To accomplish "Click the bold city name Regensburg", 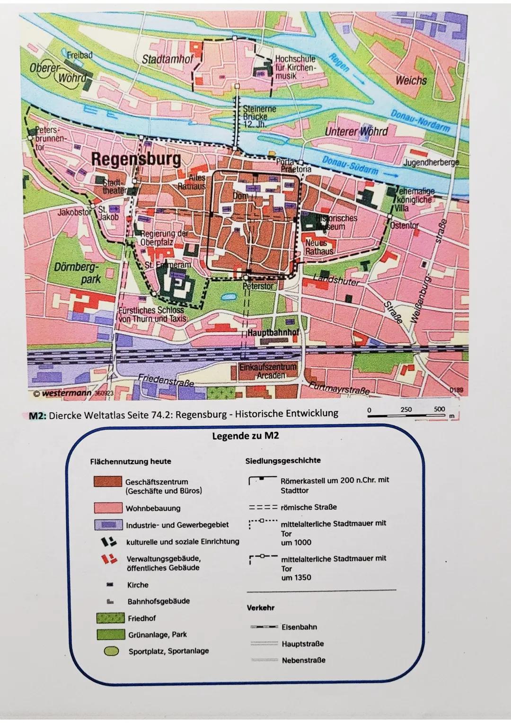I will (x=136, y=159).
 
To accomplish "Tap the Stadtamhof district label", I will (x=168, y=59).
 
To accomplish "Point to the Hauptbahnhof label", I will (x=273, y=332).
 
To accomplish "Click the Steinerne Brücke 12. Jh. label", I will (x=259, y=116).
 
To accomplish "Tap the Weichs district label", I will (x=411, y=80).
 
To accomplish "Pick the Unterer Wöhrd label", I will (x=356, y=131).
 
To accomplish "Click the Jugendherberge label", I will (x=431, y=162).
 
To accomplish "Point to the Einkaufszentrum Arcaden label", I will (x=268, y=371).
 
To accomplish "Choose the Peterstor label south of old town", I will (x=258, y=286).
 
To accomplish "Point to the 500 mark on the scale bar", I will (x=440, y=409).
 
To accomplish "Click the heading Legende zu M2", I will (x=246, y=436).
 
